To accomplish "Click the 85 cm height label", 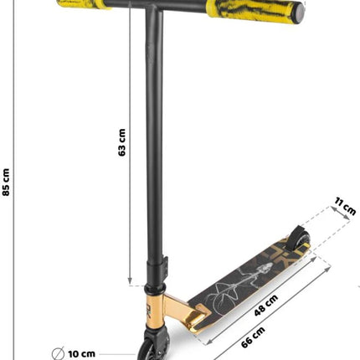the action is [x=6, y=183].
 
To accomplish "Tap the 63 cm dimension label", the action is [x=122, y=142].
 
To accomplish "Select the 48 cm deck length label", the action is [x=266, y=306].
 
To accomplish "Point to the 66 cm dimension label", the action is [x=253, y=337].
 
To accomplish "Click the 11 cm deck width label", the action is [x=346, y=206].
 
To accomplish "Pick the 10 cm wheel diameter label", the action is [x=81, y=354].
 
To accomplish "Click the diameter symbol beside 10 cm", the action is [x=58, y=354].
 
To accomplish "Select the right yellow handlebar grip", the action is [x=255, y=11].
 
